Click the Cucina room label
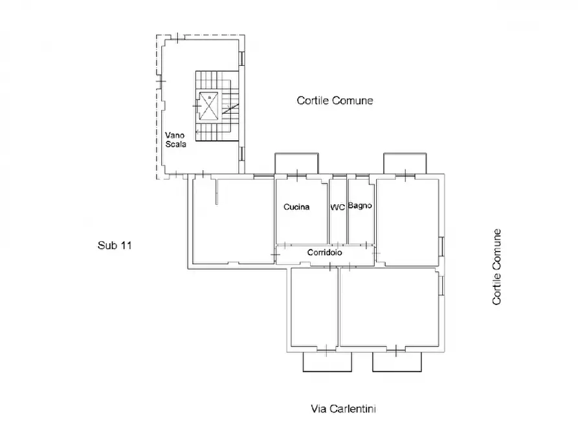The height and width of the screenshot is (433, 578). tap(296, 207)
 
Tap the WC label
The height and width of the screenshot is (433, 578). tap(338, 207)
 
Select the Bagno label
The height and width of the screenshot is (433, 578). tap(360, 206)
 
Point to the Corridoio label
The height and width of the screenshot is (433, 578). tap(325, 252)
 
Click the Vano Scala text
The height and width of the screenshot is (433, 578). tap(175, 140)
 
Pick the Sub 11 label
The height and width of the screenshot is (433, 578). tap(115, 245)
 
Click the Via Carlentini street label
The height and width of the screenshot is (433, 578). tap(344, 408)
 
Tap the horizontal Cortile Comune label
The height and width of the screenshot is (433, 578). tap(335, 101)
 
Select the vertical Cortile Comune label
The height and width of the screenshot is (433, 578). tap(496, 267)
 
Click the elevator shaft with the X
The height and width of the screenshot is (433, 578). tap(208, 106)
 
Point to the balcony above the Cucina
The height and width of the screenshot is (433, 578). tap(296, 163)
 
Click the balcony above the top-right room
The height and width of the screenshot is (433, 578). tap(405, 163)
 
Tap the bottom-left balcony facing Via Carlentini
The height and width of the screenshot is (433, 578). tap(328, 362)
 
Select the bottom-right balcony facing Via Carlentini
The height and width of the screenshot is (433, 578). tap(397, 362)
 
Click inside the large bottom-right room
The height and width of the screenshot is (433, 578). tap(389, 308)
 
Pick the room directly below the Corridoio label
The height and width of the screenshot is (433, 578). tap(315, 308)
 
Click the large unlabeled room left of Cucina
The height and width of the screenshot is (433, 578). tap(233, 221)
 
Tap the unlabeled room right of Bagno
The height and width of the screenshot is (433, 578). tap(408, 222)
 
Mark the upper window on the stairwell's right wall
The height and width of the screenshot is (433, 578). tap(242, 58)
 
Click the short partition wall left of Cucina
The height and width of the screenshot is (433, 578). tap(217, 191)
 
